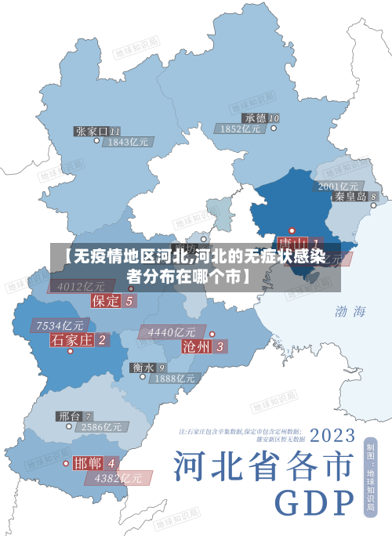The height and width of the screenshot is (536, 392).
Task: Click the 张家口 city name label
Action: [x=92, y=131]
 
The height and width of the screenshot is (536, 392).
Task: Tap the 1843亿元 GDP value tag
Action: [x=128, y=143]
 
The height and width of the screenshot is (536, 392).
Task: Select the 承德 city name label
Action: [x=254, y=118]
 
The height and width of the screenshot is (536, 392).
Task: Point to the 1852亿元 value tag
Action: [x=240, y=129]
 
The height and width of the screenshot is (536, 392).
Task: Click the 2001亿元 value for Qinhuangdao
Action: [x=339, y=187]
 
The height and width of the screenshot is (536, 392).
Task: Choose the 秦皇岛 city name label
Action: [x=351, y=197]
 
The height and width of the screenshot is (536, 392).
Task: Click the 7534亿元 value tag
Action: [x=60, y=325]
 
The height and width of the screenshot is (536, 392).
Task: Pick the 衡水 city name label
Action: [x=143, y=367]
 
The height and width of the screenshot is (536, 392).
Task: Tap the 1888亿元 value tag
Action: [x=173, y=378]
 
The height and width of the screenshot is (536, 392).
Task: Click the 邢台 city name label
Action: [x=70, y=416]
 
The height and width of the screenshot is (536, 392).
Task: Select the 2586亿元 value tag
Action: [x=101, y=428]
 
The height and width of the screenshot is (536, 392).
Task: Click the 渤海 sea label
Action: [x=350, y=311]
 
